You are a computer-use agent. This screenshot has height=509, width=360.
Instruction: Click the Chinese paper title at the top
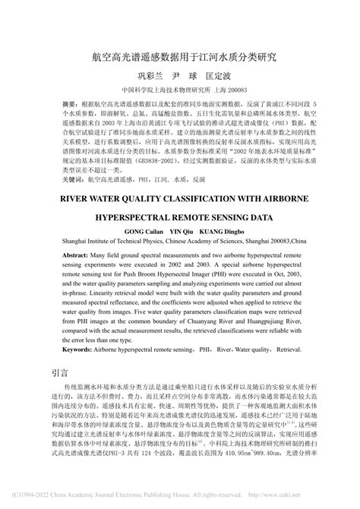coord(179,56)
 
